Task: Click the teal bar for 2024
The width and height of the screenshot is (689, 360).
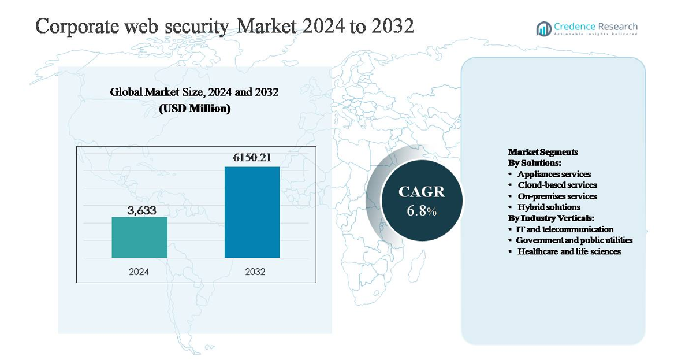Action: point(139,237)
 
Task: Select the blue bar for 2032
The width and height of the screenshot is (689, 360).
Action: point(252,212)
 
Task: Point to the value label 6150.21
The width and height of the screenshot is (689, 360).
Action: point(252,158)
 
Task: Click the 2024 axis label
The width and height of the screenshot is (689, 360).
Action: point(139,271)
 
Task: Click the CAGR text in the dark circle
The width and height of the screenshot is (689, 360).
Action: point(422,192)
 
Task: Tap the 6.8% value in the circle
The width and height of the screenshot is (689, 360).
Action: point(422,211)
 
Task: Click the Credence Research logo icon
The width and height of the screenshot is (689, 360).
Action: point(543,28)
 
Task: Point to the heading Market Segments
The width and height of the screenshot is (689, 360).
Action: point(543,152)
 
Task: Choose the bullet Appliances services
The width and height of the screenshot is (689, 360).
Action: point(554,174)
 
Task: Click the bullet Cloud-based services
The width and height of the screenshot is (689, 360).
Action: point(557,185)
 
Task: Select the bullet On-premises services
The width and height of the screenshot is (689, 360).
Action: point(557,196)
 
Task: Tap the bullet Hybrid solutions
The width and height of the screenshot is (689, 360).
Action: point(549,207)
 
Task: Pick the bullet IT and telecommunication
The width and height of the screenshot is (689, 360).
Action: point(565,229)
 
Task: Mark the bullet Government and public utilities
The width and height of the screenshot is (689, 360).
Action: point(574,240)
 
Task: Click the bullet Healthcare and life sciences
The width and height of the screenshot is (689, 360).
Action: point(569,251)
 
